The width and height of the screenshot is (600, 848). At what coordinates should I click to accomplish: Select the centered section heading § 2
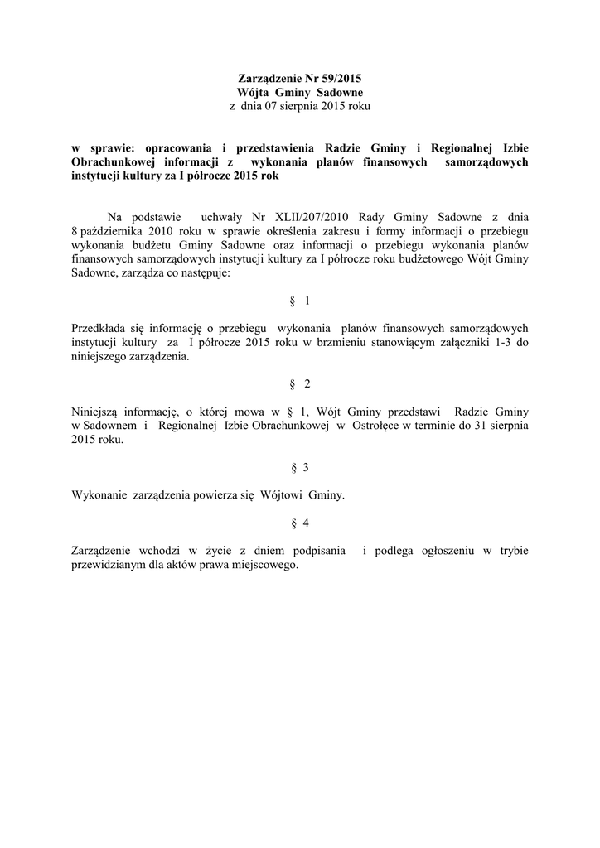(300, 384)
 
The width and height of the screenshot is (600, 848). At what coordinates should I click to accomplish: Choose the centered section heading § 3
(300, 468)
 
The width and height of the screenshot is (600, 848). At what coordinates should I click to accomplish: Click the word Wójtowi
(283, 495)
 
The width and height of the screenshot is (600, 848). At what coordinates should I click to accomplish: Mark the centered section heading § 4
(300, 523)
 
